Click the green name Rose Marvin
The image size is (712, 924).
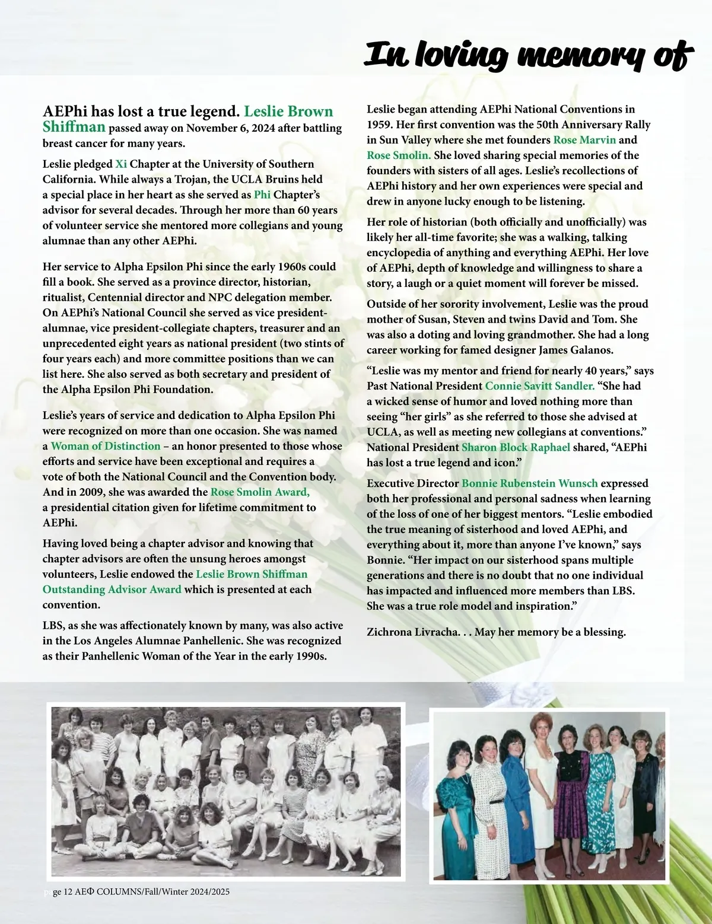tap(584, 140)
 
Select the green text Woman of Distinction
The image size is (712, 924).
tap(106, 446)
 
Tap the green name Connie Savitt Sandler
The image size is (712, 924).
tap(539, 385)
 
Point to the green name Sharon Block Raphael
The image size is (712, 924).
tap(516, 447)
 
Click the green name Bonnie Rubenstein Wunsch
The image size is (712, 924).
tap(529, 483)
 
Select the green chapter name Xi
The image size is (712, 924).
tap(121, 164)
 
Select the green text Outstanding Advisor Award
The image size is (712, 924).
tap(112, 590)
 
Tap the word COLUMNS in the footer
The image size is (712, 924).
tap(119, 892)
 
